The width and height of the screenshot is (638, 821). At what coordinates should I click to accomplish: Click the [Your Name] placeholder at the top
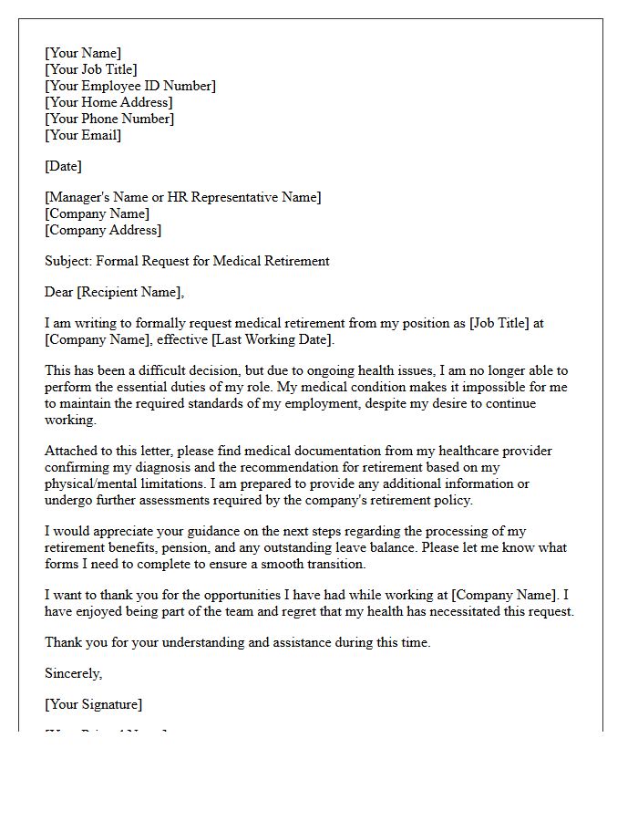click(x=83, y=53)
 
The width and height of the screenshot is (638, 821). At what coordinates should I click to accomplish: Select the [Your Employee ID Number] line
click(x=130, y=86)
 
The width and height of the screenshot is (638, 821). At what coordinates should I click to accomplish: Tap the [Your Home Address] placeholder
click(x=108, y=102)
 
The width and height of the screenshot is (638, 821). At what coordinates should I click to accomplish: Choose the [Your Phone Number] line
click(x=109, y=119)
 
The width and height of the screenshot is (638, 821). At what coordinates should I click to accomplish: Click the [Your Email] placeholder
click(x=83, y=135)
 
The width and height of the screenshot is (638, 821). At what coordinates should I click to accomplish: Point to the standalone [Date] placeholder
click(x=63, y=166)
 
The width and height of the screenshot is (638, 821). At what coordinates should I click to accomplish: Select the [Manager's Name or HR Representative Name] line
click(x=182, y=197)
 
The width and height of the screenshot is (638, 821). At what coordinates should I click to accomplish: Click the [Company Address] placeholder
click(x=103, y=230)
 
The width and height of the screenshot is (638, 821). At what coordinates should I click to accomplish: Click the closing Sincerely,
click(x=74, y=673)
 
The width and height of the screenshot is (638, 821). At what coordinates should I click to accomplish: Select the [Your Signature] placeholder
click(x=93, y=704)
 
